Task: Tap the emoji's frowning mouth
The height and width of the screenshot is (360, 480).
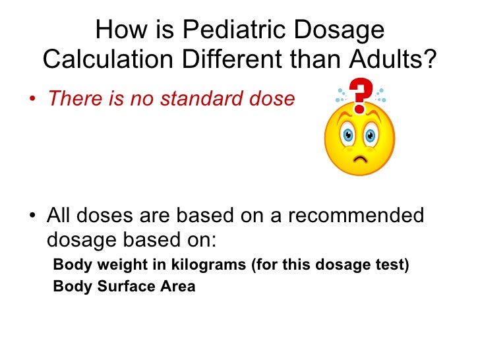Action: pyautogui.click(x=360, y=159)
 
